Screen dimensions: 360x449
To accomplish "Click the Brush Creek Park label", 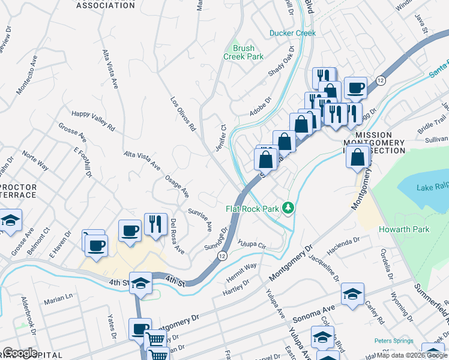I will [x=243, y=52].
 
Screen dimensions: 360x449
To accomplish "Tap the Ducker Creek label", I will [x=292, y=33].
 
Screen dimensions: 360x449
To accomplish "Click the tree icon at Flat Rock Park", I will [x=289, y=208].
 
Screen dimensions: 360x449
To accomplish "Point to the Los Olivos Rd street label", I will [x=184, y=114].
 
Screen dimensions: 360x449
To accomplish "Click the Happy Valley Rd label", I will [x=93, y=119].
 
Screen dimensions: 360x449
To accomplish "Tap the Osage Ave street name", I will [x=177, y=187].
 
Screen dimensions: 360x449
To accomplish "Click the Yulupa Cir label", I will [x=252, y=245].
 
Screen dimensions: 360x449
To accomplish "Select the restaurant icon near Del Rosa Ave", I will [x=155, y=224].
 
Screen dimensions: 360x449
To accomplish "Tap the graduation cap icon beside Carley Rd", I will [x=352, y=293].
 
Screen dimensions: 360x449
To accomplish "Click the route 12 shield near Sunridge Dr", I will [x=221, y=256].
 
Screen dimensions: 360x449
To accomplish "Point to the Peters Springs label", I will [x=394, y=341].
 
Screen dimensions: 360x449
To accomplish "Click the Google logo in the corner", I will [x=20, y=353].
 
